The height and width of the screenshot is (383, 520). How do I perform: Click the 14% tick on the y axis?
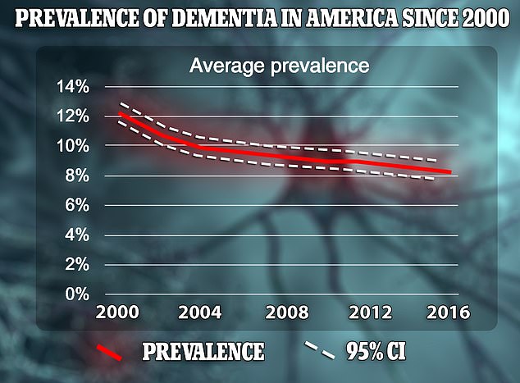(73, 86)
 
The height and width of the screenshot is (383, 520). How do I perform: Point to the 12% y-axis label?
(73, 116)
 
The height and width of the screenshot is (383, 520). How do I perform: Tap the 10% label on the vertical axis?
(73, 146)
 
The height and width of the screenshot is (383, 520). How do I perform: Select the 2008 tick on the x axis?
(281, 314)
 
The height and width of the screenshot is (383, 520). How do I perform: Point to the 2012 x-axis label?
(363, 314)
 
